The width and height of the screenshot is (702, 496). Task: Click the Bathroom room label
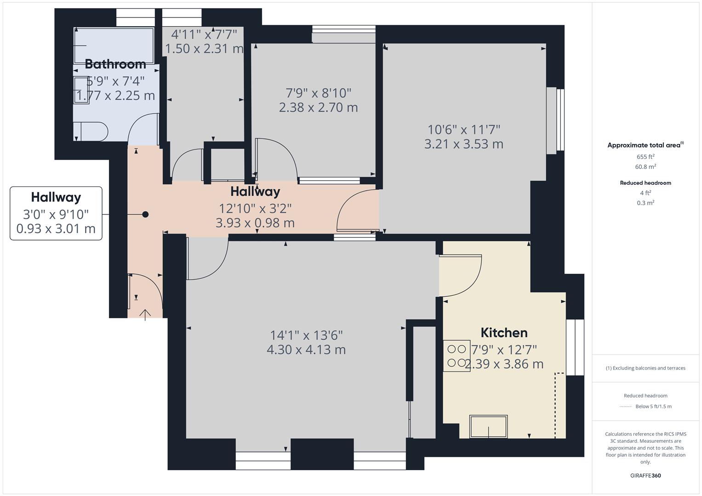coord(115,64)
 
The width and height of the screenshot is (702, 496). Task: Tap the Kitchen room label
coord(504,333)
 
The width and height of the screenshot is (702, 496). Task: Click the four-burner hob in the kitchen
coord(457,356)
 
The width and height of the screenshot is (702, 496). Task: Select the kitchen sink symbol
coord(488,427)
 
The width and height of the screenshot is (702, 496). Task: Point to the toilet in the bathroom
coord(91,131)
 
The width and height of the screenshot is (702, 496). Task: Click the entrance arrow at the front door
coord(145,315)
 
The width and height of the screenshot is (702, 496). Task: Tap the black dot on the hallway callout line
coord(145,214)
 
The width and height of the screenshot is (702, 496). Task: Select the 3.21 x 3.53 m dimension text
coord(463,144)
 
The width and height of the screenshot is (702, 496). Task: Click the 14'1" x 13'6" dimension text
coord(306,335)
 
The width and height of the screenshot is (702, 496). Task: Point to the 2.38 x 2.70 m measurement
coord(318,107)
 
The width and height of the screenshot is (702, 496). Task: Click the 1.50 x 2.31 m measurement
coord(204,49)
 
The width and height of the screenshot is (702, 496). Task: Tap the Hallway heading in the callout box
coord(56,197)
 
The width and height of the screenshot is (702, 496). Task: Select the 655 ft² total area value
coord(645,157)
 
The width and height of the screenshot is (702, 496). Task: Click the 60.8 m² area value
coord(645,167)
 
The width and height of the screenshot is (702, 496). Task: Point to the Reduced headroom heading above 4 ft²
coord(645,183)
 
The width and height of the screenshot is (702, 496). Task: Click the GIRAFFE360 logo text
coord(645,475)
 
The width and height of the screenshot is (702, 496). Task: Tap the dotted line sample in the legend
coord(626,406)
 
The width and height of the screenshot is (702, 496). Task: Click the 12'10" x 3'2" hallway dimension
coord(255,209)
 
